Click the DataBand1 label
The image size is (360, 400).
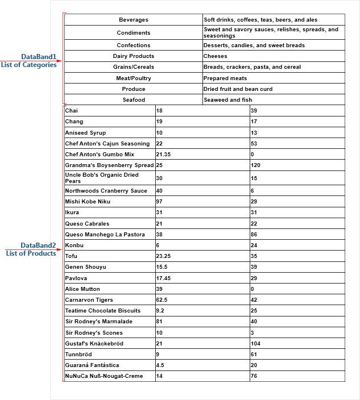coord(39,57)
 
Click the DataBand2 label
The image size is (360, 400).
coord(38,245)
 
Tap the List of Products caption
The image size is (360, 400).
coord(31,253)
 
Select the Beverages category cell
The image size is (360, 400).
coord(134,20)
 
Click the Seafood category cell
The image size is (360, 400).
coord(134,100)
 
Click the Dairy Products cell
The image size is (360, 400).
coord(134,56)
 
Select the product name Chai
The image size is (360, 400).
coord(72,111)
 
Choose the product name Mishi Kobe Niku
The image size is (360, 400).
coord(88,202)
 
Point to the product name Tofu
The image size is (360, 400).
coord(71,256)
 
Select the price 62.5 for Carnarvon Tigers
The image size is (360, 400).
coord(162,300)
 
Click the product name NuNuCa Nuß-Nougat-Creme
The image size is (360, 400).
coord(104,376)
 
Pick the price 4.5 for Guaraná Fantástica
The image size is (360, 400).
coord(160,365)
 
